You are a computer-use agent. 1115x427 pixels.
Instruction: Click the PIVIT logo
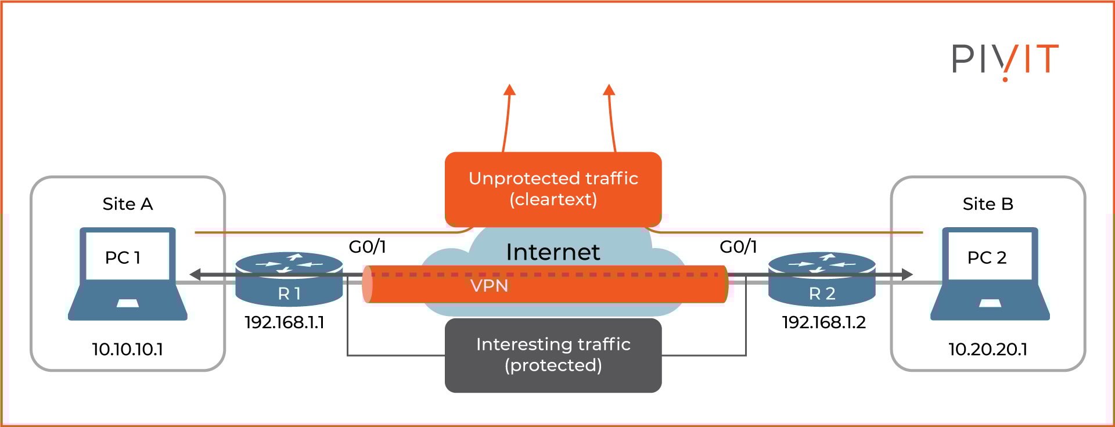(x=1005, y=60)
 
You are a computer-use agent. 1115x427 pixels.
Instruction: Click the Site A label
(x=128, y=204)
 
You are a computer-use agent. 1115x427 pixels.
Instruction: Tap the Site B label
(x=988, y=204)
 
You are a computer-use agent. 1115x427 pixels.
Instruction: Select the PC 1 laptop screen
(x=128, y=256)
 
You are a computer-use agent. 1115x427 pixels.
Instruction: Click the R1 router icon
(x=289, y=279)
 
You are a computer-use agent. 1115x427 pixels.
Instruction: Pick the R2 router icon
(x=822, y=279)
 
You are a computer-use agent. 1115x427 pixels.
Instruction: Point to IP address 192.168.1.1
(x=285, y=322)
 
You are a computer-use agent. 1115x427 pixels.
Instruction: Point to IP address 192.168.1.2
(x=823, y=322)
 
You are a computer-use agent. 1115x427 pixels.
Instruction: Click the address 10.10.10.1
(x=128, y=349)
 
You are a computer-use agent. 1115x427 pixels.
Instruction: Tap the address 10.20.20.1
(x=988, y=349)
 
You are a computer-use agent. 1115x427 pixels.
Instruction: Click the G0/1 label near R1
(x=367, y=247)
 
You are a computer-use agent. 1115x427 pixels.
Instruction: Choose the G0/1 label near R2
(x=738, y=247)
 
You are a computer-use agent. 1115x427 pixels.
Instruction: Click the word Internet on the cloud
(x=553, y=252)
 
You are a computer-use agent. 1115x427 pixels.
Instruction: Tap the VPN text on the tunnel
(x=489, y=286)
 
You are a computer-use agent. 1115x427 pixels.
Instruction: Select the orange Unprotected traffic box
(x=553, y=189)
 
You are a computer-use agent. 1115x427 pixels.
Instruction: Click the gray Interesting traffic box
(x=553, y=355)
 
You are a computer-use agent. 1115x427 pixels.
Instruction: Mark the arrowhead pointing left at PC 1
(x=196, y=274)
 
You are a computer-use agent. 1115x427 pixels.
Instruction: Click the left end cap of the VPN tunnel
(x=367, y=284)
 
